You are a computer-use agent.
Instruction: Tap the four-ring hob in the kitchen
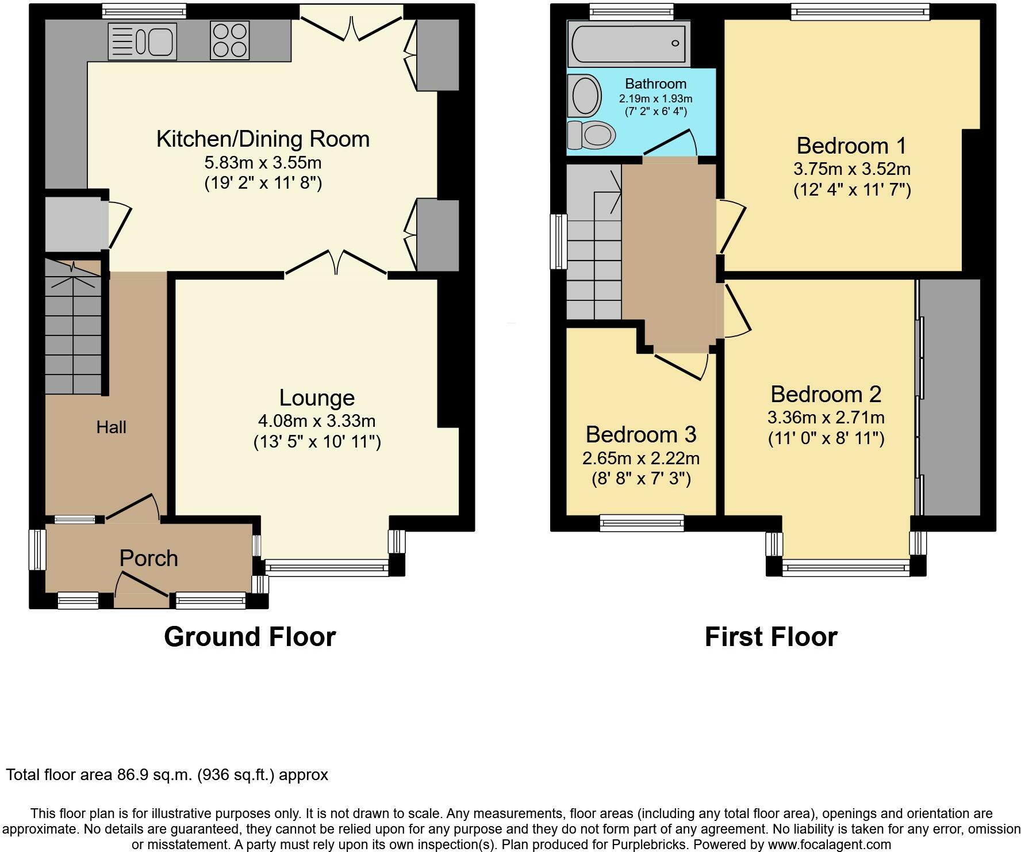coord(230,40)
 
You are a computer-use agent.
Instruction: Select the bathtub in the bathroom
coord(629,43)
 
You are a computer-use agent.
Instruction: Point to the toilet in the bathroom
coord(591,135)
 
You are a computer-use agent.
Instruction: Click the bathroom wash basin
coord(584,95)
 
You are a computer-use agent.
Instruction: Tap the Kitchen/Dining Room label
coord(263,139)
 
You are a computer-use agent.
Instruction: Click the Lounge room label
coord(317,398)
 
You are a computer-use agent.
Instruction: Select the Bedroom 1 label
coord(851,146)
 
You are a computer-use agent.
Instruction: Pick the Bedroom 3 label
coord(641,434)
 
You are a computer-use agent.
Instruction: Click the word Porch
coord(148,558)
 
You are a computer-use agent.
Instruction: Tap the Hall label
coord(111,427)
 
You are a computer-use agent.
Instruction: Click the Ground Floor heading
coord(250,637)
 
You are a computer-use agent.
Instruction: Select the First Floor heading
coord(771,637)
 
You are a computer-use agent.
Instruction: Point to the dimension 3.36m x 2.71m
coord(826,417)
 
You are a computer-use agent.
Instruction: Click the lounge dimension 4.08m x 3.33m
coord(317,421)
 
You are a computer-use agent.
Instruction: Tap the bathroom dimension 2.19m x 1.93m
coord(655,98)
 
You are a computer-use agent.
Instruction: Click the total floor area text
coord(167,775)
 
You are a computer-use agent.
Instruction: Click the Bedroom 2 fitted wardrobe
coord(949,397)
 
